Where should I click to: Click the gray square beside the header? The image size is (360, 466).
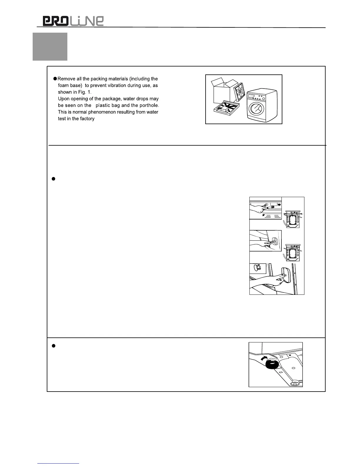click(50, 46)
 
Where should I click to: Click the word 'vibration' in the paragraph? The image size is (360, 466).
click(117, 86)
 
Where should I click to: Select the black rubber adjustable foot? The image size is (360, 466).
click(272, 365)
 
